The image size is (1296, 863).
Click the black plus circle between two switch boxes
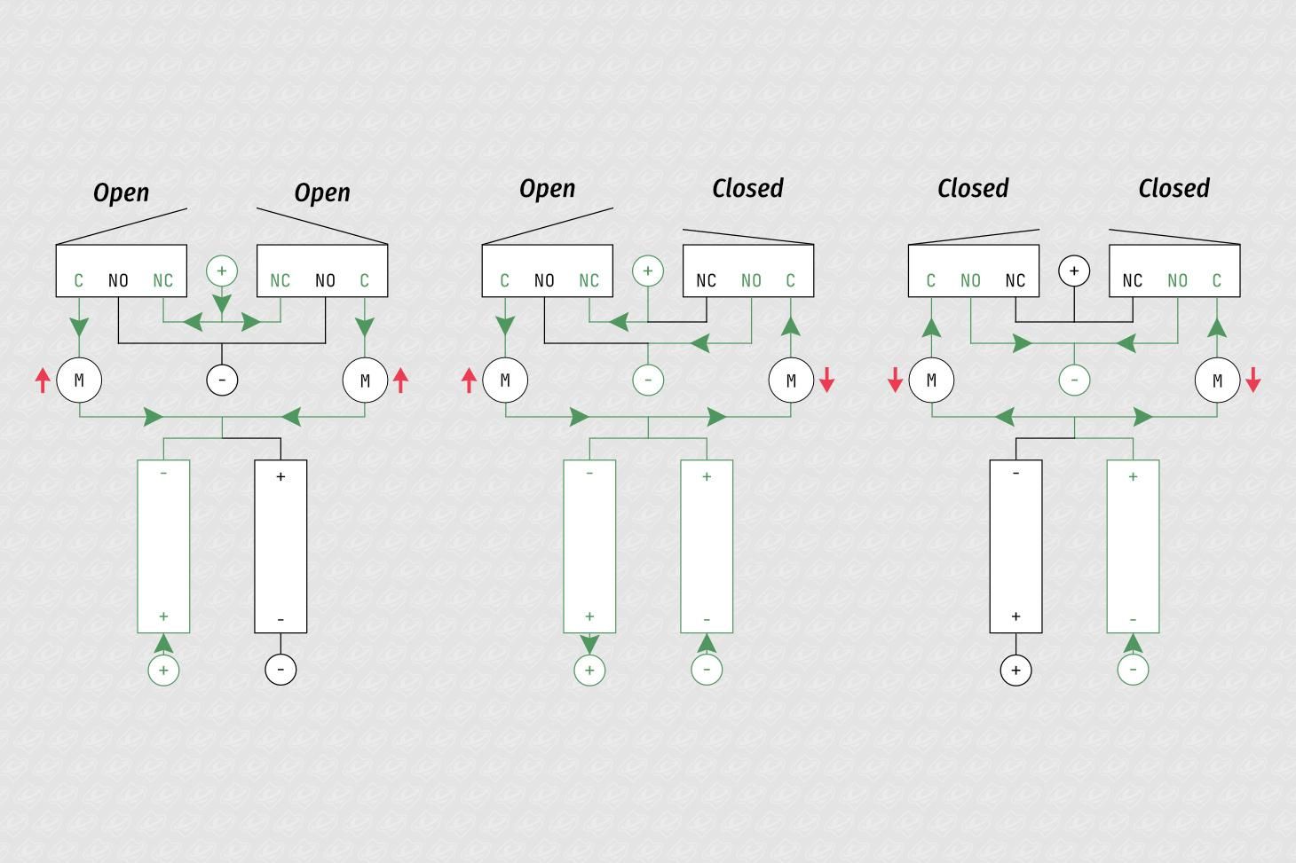point(1074,271)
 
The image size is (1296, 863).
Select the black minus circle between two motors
point(222,380)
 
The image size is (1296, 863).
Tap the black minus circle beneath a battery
point(281,670)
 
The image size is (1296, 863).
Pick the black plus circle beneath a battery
point(1016,670)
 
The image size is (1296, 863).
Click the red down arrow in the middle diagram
point(827,380)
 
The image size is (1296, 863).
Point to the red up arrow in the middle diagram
point(470,381)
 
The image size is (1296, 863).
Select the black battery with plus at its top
point(281,546)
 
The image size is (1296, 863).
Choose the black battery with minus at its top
point(1016,546)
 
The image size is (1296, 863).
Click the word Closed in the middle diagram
point(747,188)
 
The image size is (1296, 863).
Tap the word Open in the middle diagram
point(548,189)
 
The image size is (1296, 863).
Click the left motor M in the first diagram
point(79,380)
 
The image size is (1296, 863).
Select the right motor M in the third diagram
point(1217,380)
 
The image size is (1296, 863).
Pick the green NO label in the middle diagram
point(751,281)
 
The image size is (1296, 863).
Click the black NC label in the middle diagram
point(707,281)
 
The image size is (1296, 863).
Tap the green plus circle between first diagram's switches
point(222,271)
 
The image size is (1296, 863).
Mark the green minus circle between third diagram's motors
point(1074,380)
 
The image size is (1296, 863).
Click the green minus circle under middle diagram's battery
point(707,670)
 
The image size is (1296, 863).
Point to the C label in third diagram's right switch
point(1217,281)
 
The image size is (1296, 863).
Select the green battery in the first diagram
point(163,546)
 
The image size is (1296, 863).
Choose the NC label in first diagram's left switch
point(163,281)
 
